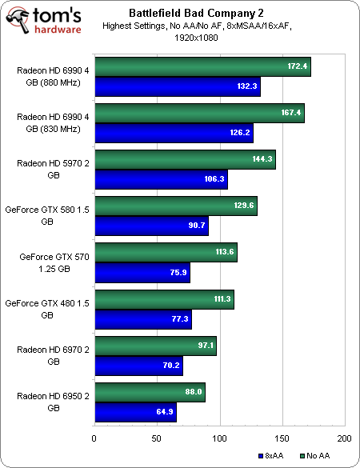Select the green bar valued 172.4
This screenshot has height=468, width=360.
202,68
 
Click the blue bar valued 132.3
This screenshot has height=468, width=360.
177,87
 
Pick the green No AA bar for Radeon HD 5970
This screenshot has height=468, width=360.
185,159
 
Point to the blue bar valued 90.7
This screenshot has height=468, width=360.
151,225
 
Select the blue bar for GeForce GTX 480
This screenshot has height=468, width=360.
142,320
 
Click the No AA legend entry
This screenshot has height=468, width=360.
314,455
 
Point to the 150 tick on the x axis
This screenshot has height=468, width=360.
282,438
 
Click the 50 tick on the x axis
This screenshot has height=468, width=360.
157,438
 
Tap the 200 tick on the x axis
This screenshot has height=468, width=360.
344,438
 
